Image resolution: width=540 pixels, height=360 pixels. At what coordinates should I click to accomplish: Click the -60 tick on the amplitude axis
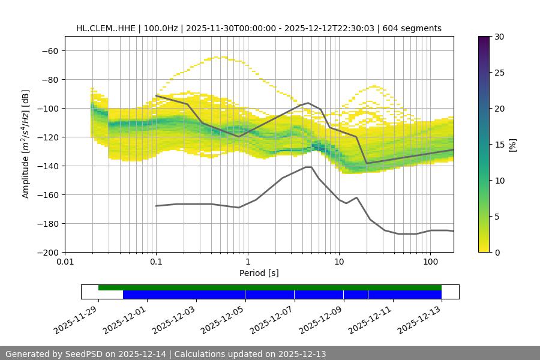50,51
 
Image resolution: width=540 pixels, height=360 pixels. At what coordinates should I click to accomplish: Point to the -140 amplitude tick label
48,166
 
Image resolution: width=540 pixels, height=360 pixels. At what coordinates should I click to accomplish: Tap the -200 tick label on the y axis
48,253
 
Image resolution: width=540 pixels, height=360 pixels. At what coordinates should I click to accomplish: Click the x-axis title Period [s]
259,273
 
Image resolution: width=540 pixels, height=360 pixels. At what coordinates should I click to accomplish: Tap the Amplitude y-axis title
26,145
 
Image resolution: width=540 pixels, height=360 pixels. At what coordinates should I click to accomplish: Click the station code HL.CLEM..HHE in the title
105,28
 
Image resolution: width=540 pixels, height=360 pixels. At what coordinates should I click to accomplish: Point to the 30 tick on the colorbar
499,37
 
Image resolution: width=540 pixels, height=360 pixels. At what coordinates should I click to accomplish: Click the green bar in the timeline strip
270,287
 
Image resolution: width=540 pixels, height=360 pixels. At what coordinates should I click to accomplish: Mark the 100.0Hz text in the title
164,28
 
